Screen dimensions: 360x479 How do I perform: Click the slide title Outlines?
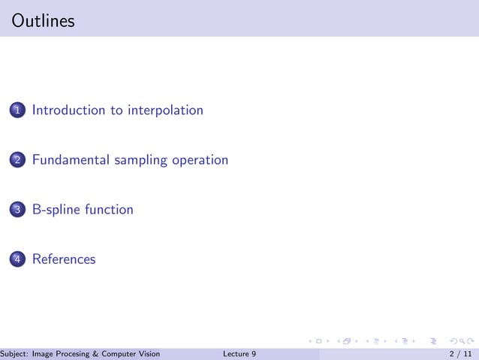(x=44, y=21)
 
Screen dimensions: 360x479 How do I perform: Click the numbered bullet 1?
(x=17, y=111)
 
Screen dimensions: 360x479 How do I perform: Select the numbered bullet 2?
(x=17, y=161)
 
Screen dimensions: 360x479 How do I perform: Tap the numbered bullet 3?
(x=17, y=210)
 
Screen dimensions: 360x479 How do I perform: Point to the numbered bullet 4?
(x=17, y=260)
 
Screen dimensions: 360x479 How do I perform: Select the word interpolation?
(x=165, y=110)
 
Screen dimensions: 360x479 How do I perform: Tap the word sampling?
(x=142, y=161)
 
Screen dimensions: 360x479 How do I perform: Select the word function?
(x=109, y=210)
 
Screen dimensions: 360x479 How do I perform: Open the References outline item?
(x=64, y=259)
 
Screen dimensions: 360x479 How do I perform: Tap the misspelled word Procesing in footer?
(x=80, y=354)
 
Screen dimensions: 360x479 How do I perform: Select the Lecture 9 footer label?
(x=239, y=354)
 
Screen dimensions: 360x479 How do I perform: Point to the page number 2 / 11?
(x=460, y=354)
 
